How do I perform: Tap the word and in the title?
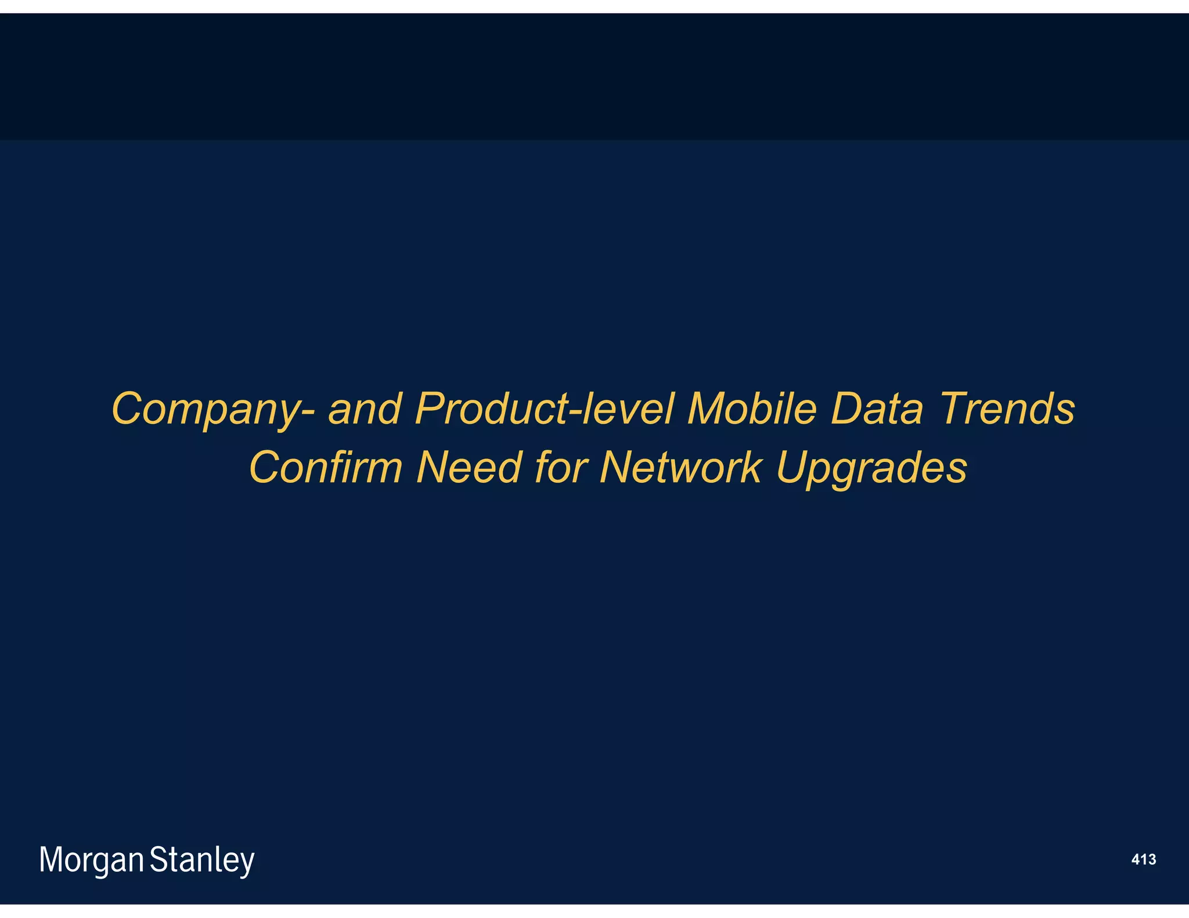tap(365, 409)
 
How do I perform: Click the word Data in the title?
tap(876, 409)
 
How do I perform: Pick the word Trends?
tap(1007, 409)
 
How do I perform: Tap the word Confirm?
tap(326, 468)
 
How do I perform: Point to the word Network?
tap(680, 468)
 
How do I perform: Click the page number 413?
tap(1143, 859)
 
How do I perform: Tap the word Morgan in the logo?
tap(91, 861)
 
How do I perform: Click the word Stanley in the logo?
tap(202, 861)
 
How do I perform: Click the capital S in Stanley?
tap(158, 859)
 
